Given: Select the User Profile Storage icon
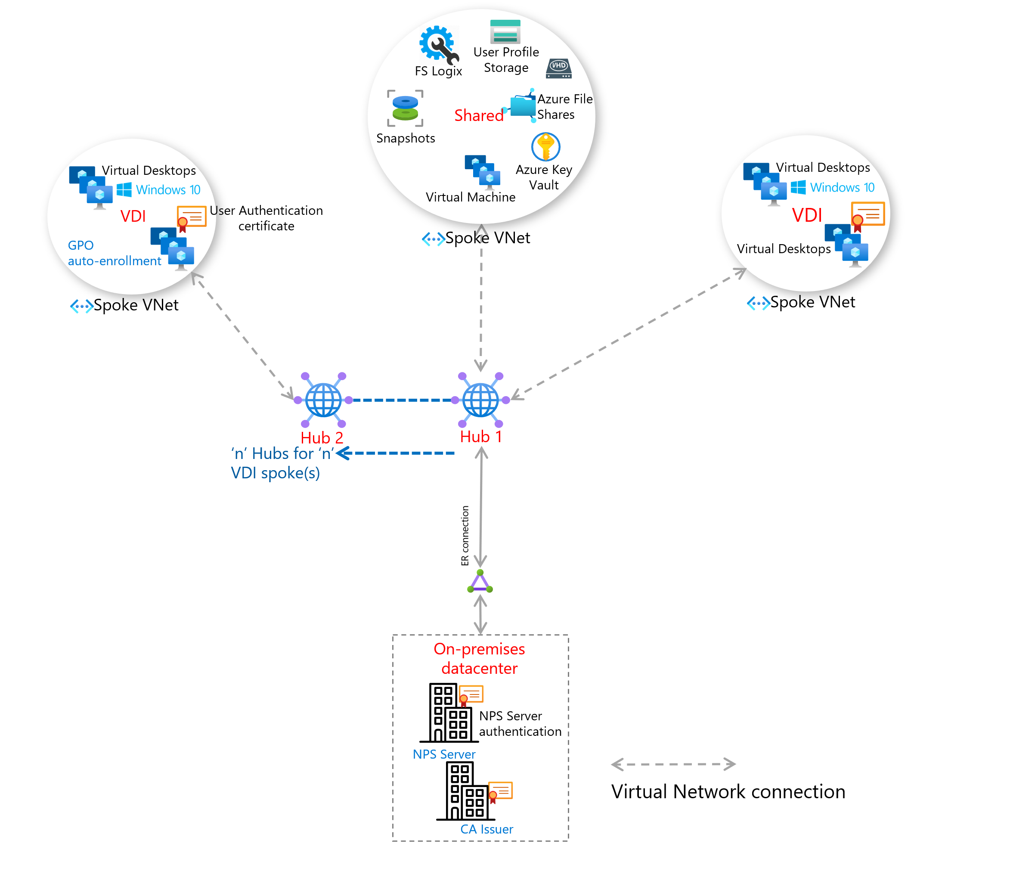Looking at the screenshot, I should [505, 32].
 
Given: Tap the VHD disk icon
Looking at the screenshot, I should [559, 68].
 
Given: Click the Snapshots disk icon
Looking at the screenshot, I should [405, 108].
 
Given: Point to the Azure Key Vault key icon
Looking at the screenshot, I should [545, 147].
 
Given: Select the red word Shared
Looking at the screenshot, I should [479, 116].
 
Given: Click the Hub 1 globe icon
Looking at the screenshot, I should [480, 400].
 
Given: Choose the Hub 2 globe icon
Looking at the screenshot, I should [323, 400].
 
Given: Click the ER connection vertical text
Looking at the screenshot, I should [465, 536].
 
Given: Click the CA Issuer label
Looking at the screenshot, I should [486, 829].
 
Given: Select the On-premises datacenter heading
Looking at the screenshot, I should [479, 658].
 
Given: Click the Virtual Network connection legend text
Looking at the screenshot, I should [728, 792].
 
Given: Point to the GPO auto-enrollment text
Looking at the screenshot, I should [114, 253].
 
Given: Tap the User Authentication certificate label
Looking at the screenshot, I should [266, 218].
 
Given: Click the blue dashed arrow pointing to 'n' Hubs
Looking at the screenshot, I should [396, 453].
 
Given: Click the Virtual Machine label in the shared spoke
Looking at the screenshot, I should [470, 197].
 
